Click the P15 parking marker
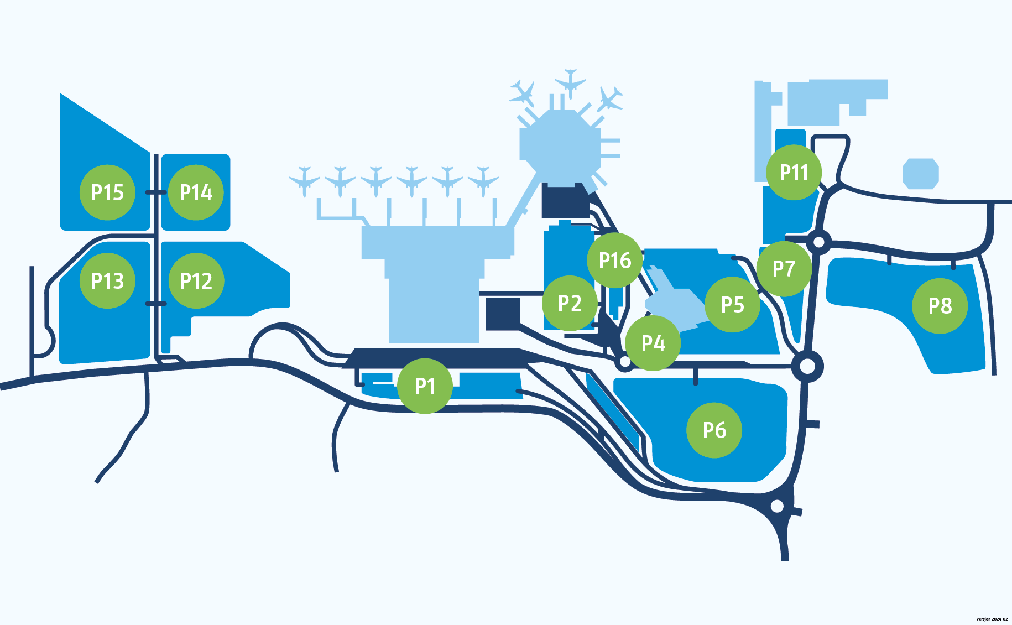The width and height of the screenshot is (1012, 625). click(x=107, y=192)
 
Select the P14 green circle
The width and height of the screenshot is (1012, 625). click(x=196, y=192)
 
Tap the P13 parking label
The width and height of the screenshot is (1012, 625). click(x=107, y=281)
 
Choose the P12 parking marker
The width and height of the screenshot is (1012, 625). click(x=196, y=281)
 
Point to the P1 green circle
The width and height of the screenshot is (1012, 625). click(x=425, y=386)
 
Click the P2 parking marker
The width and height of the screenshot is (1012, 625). click(x=570, y=303)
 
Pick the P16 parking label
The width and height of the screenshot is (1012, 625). click(x=615, y=260)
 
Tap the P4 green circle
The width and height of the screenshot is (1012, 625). click(x=653, y=343)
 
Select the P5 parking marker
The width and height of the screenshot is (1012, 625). click(x=733, y=305)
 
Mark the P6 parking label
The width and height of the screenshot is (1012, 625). click(x=714, y=430)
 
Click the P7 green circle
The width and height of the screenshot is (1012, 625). click(x=784, y=269)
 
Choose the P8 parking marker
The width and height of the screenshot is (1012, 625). click(x=940, y=306)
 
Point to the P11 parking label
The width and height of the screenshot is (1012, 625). click(x=794, y=173)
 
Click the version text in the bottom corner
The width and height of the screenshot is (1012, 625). click(x=992, y=619)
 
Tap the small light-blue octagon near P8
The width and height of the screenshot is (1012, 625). click(x=921, y=174)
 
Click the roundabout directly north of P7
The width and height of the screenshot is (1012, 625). click(x=819, y=242)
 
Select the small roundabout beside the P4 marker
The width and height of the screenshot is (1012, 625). click(x=624, y=362)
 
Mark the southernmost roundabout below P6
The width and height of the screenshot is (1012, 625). click(x=778, y=506)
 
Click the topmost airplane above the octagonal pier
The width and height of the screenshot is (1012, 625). click(x=570, y=84)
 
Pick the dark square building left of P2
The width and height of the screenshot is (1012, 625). click(x=503, y=314)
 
